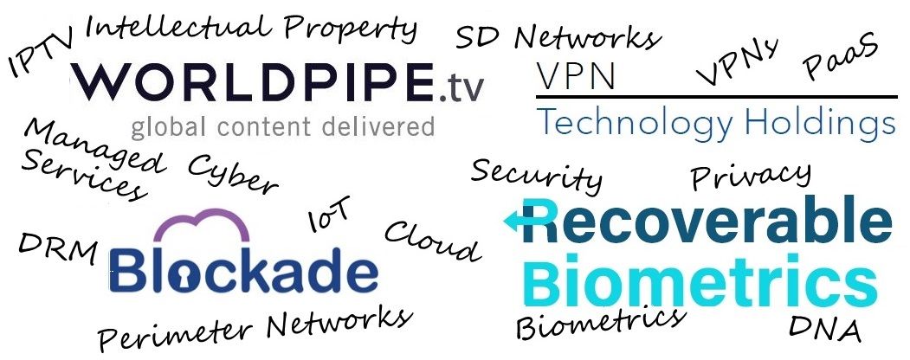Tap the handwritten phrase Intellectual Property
251,27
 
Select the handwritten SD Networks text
558,37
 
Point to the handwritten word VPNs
737,61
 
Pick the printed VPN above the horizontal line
575,76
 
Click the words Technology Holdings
716,124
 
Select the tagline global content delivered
282,127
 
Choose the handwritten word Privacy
751,175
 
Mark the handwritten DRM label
57,248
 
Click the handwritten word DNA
824,329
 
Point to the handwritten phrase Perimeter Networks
255,328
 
